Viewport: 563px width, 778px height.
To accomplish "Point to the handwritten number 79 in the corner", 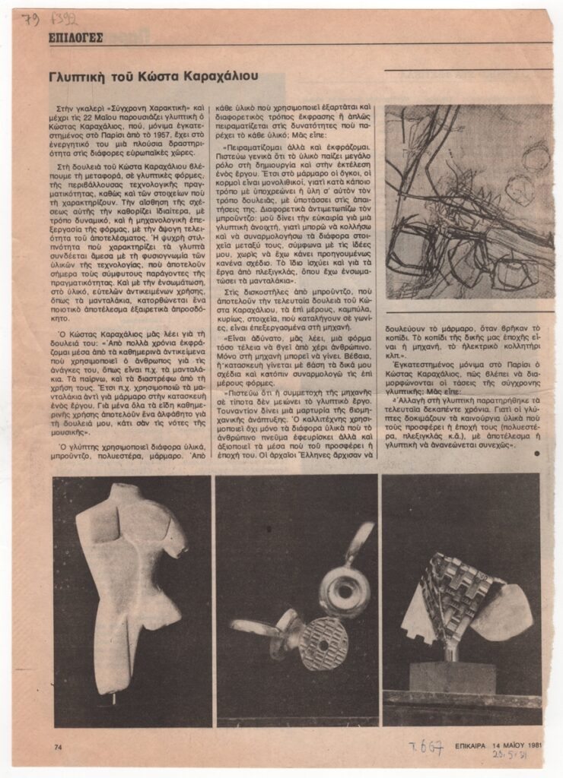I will tap(31, 20).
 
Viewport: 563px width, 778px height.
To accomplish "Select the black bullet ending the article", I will tap(536, 454).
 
